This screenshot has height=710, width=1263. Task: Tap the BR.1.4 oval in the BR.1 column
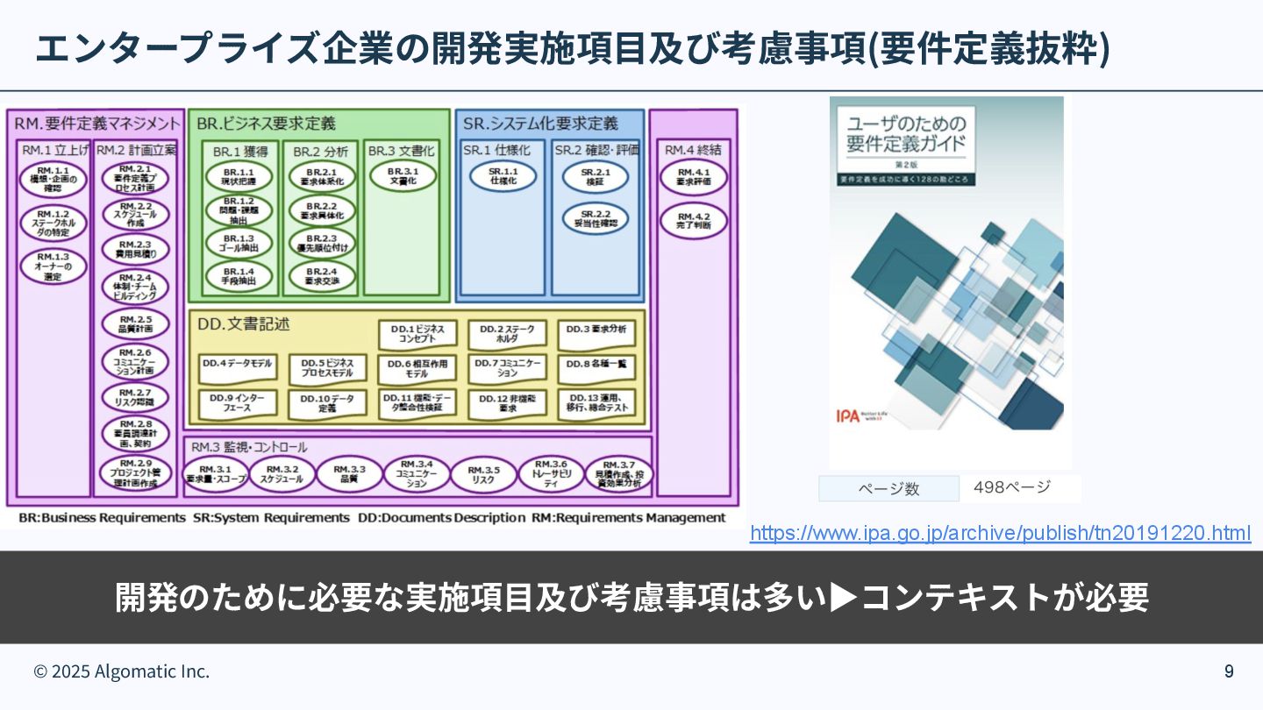pos(239,276)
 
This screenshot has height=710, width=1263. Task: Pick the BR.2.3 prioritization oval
pos(322,243)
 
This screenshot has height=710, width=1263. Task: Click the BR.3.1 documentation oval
pos(403,175)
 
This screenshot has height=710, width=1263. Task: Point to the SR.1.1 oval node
pos(503,175)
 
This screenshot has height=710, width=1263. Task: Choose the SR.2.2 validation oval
pos(596,218)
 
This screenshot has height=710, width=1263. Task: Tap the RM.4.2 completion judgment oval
pos(694,220)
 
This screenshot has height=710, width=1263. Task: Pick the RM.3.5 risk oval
pos(483,474)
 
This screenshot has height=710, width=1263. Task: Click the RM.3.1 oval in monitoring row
pos(215,474)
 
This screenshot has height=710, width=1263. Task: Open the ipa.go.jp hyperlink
pos(1000,533)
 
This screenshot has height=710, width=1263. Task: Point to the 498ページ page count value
pos(1012,487)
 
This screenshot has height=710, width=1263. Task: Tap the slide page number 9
pos(1229,671)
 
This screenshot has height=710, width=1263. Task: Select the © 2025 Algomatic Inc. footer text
pos(122,671)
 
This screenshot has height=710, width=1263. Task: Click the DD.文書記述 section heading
pos(244,324)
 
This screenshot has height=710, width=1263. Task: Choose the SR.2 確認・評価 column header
pos(596,150)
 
